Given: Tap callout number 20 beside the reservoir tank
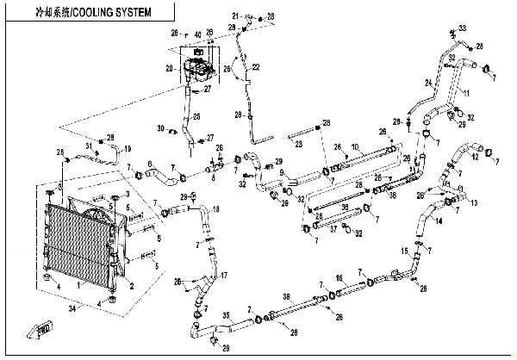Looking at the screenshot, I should point(170,67).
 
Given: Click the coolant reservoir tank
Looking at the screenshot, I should point(197,69).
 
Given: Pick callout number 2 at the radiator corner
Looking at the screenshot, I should point(131,286).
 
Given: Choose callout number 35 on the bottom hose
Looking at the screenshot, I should point(227,316).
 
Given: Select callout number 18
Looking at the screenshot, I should point(215,209).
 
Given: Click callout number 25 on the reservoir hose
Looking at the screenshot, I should point(196,116).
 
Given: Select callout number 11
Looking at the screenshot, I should point(468,91).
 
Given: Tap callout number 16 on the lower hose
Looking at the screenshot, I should point(339,278).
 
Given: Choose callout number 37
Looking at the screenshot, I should point(334,231).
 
